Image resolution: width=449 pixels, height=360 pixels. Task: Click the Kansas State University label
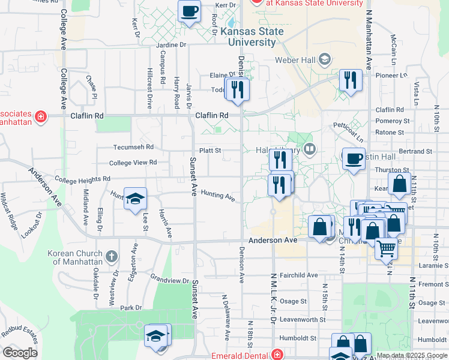point(248,37)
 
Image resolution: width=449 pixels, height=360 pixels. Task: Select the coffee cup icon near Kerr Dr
point(189,11)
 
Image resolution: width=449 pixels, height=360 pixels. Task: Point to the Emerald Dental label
point(240,355)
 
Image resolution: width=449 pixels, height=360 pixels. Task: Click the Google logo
point(20,352)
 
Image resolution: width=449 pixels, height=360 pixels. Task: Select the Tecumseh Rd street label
point(134,147)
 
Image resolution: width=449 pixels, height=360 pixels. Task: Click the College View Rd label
point(133,163)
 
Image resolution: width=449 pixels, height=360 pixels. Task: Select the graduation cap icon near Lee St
point(136,197)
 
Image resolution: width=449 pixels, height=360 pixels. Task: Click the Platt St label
point(211,151)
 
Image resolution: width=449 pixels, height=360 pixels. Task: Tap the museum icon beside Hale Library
point(310,148)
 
